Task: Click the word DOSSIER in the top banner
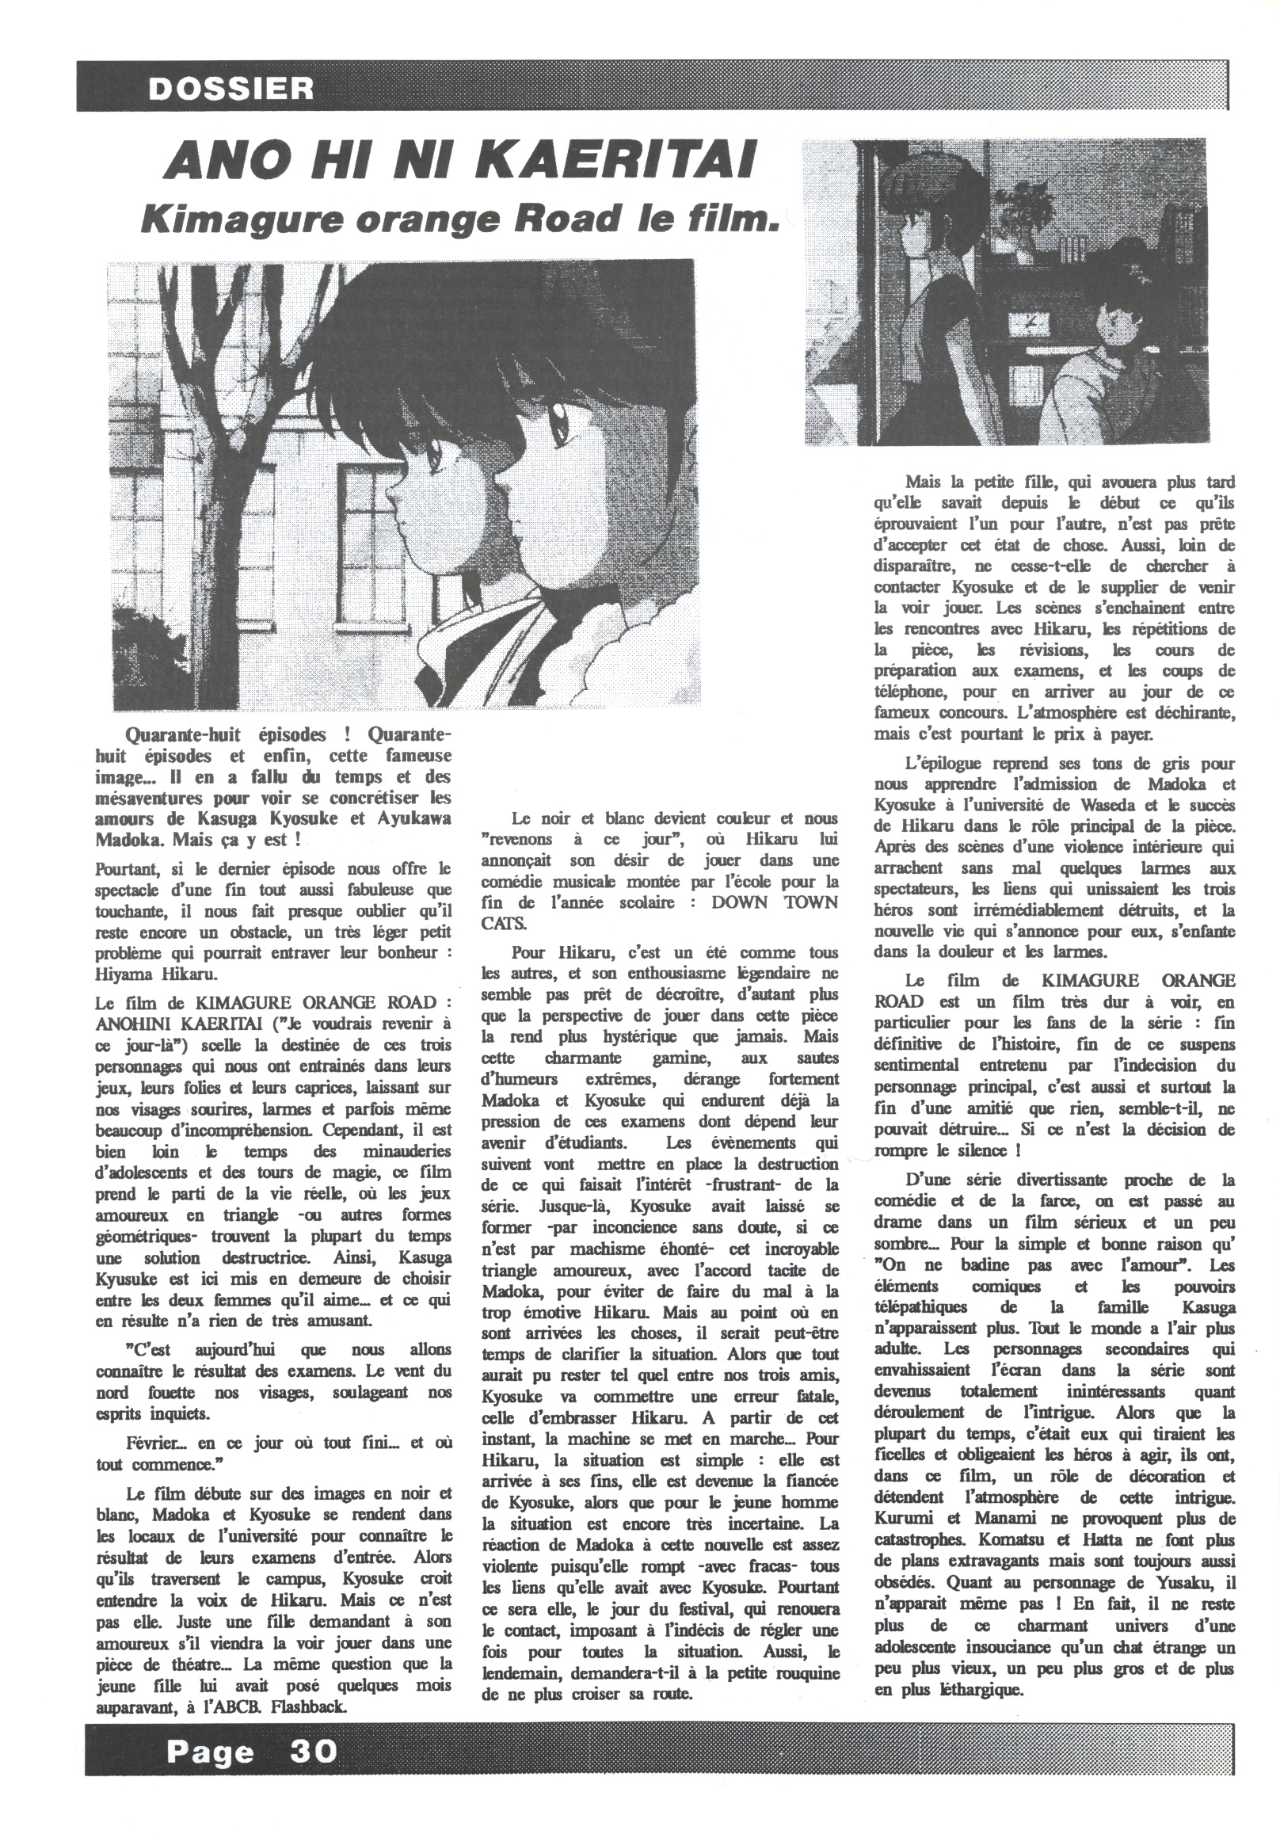point(230,87)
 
